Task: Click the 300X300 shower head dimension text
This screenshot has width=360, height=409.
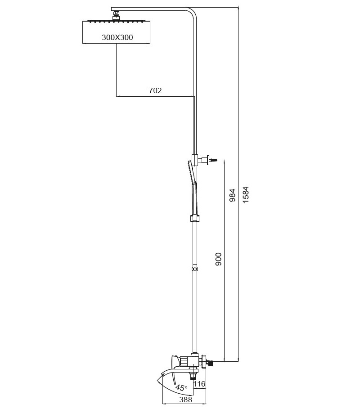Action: coord(117,37)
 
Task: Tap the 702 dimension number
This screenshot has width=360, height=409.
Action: coord(155,90)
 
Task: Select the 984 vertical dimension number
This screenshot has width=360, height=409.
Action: coord(232,195)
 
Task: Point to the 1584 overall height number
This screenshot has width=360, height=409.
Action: coord(246,194)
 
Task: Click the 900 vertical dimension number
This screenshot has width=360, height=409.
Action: coord(218,259)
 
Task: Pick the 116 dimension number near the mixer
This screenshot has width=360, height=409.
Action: coord(199,384)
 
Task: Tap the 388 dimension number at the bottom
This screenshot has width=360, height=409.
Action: coord(185,400)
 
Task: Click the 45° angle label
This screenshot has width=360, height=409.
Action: coord(181,387)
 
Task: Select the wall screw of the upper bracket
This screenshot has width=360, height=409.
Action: coord(214,160)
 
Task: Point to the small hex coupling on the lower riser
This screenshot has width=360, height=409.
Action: coord(194,269)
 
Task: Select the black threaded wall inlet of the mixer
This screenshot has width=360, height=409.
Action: coord(210,362)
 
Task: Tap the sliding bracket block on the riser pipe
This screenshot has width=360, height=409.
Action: coord(195,160)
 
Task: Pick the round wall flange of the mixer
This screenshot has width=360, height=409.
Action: coord(204,361)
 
